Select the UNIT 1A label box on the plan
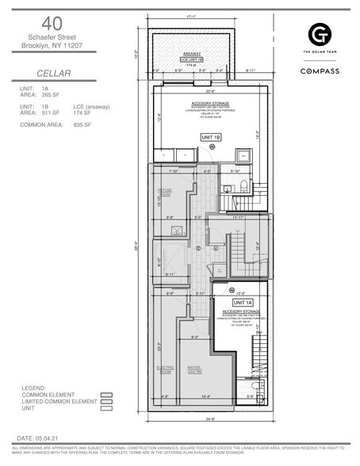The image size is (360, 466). (x=242, y=303)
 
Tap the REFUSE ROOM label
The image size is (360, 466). (x=165, y=192)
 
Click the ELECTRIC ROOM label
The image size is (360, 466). (x=165, y=369)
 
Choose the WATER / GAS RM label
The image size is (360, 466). (x=194, y=369)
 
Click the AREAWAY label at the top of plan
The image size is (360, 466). (x=192, y=53)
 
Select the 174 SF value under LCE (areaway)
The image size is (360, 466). (x=82, y=113)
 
